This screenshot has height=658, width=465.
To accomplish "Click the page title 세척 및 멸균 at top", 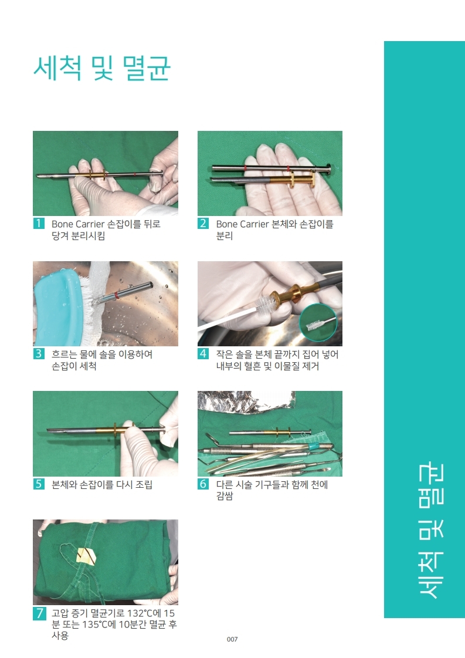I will coord(101,69).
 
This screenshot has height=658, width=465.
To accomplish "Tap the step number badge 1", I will coord(39,224).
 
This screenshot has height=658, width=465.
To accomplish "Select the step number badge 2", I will coord(203,224).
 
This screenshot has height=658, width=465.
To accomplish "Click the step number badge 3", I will coord(39,354).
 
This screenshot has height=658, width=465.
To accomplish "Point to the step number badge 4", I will coord(203,354).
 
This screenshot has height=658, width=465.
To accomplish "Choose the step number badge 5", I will coord(39,484).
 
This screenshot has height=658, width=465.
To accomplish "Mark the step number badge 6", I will coord(203,484).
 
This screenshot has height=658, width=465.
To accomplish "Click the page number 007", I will coord(232,639).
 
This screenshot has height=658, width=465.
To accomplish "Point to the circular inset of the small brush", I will coord(320,323).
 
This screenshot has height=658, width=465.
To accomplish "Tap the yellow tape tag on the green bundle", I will coord(86,554).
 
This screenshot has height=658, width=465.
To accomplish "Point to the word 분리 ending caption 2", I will coord(225,237).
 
